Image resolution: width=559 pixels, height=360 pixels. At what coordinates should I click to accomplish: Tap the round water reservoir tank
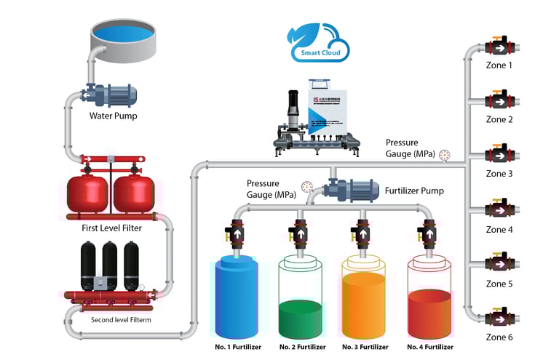124,41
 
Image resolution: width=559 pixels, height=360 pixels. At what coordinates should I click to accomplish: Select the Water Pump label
113,116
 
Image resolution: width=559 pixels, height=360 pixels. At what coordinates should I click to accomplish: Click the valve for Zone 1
499,48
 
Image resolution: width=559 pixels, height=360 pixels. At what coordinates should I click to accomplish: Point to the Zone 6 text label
499,337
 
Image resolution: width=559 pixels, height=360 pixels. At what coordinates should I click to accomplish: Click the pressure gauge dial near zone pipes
445,154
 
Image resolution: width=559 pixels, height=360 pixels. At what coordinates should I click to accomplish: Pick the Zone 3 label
499,174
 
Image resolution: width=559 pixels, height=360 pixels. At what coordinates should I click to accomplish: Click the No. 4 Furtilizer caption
428,347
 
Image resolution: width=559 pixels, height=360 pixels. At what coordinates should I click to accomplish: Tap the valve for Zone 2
499,100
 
